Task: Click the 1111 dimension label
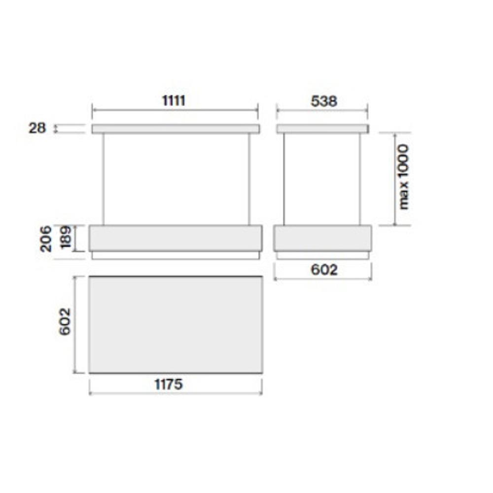174,101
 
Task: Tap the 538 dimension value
324,101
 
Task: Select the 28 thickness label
37,128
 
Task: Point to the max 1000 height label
403,176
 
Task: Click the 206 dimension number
46,239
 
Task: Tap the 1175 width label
168,384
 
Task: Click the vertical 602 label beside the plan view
65,321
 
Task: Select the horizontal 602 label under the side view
324,270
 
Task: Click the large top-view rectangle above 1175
176,325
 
